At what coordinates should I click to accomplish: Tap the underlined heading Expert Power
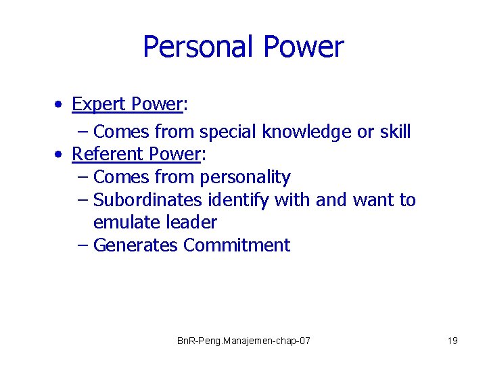click(127, 104)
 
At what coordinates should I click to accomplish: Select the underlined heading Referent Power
click(136, 154)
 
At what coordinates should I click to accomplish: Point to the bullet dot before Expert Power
click(60, 105)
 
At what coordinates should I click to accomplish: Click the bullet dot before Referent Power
click(60, 155)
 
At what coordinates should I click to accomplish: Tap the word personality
click(245, 178)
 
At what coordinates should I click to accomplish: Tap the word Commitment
click(237, 245)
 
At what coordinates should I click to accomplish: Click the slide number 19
click(453, 341)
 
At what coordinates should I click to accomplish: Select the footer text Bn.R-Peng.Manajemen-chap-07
click(243, 341)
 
